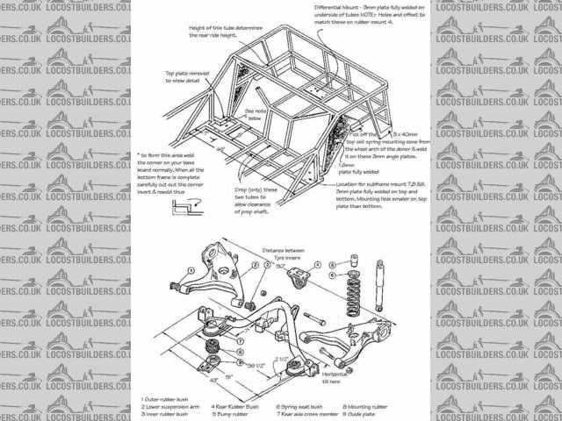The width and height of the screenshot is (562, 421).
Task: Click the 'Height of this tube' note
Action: pyautogui.click(x=220, y=29)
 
